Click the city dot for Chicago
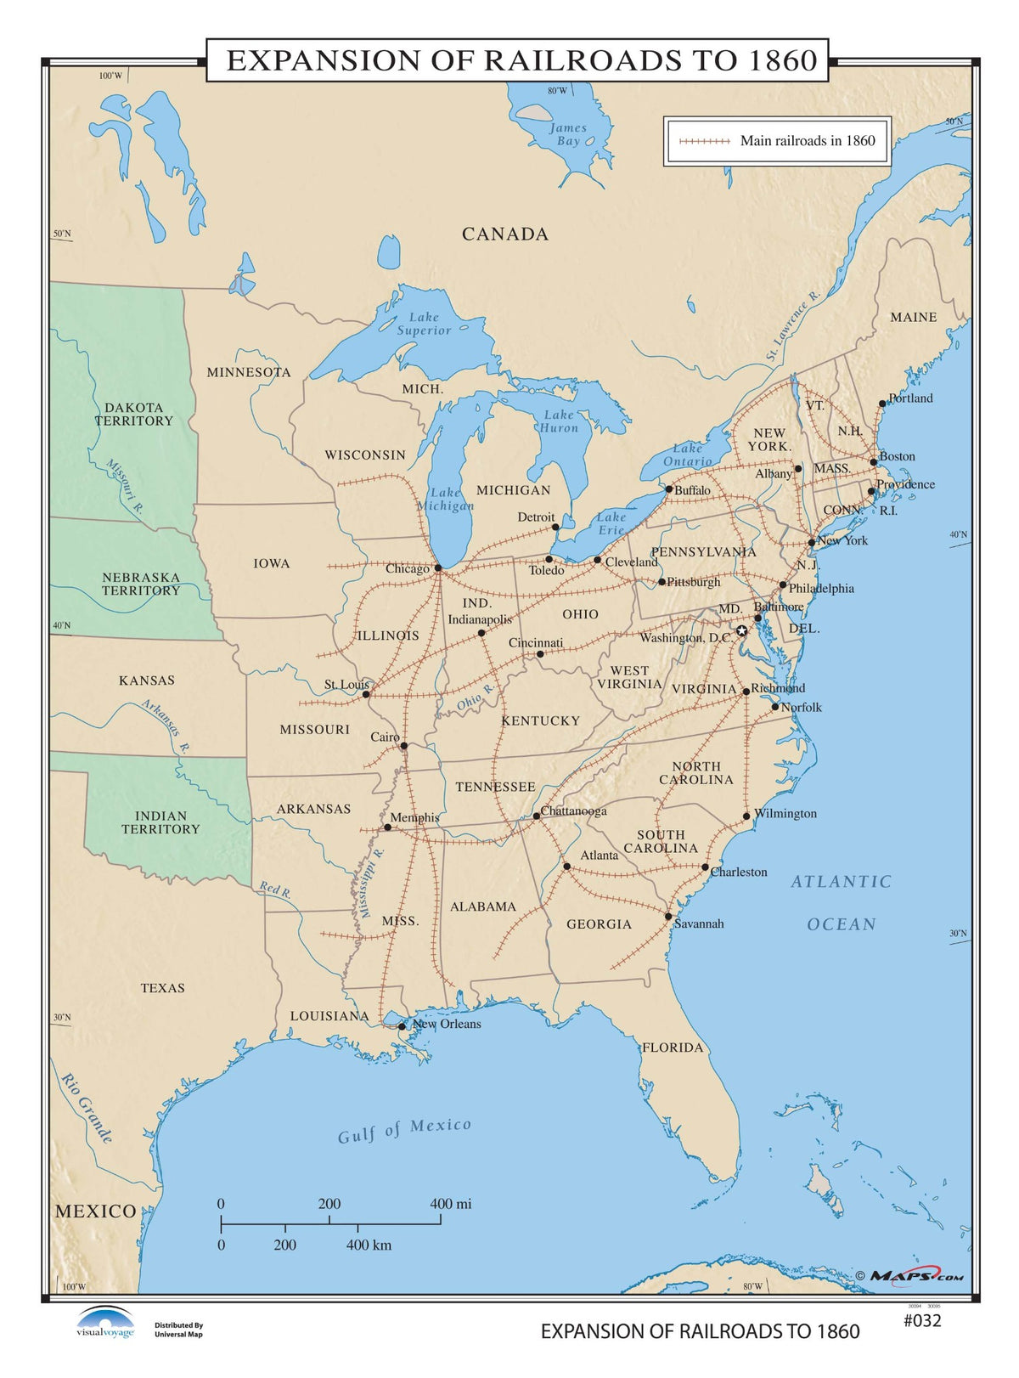[x=438, y=568]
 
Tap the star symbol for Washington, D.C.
[x=741, y=630]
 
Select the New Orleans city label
[x=447, y=1024]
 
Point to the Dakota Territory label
[x=133, y=415]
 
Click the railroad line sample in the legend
[x=699, y=141]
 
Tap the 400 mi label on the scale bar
[x=451, y=1204]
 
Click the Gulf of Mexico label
[x=404, y=1131]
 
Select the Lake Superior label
[x=424, y=324]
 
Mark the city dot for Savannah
[x=668, y=917]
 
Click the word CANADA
[x=505, y=234]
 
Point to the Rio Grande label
[x=87, y=1107]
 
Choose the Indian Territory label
[x=160, y=822]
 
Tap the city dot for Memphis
[x=387, y=827]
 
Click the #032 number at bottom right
[x=921, y=1320]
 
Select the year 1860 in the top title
[x=783, y=60]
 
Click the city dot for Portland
[x=882, y=404]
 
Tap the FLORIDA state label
[x=673, y=1048]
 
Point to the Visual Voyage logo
[x=105, y=1323]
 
